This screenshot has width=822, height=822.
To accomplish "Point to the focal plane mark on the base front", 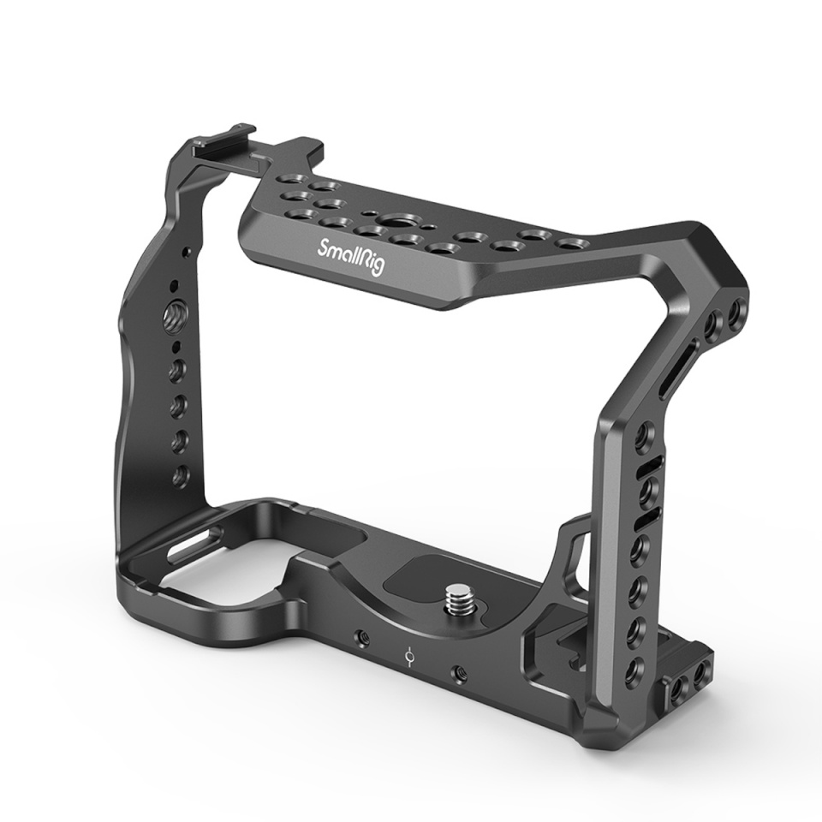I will tap(411, 657).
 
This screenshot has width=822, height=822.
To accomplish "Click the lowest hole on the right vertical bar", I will tap(635, 668).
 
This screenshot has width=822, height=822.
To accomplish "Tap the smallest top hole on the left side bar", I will tap(176, 287).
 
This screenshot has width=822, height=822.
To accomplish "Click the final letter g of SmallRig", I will tap(379, 269).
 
